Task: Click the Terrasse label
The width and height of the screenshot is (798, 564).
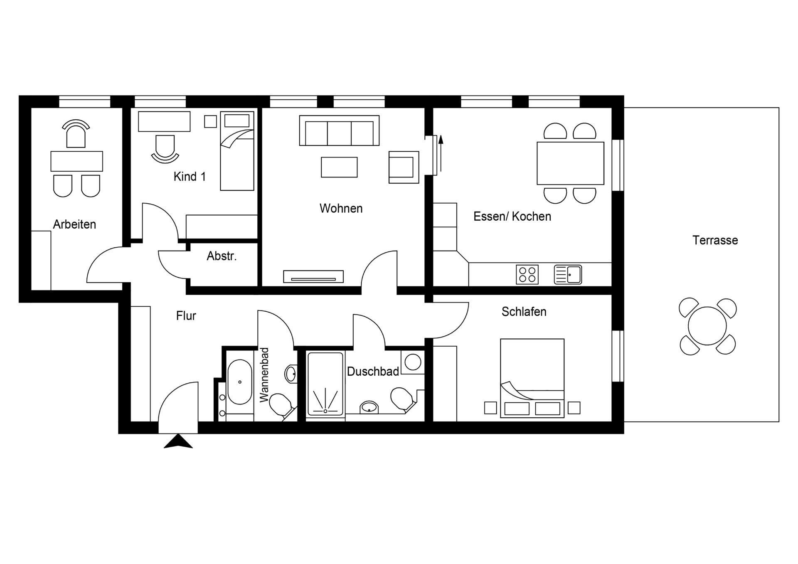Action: [x=715, y=240]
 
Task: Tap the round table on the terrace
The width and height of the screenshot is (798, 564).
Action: [x=707, y=326]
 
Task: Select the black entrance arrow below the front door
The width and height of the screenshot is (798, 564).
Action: [x=178, y=441]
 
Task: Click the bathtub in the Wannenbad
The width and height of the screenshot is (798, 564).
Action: [x=240, y=382]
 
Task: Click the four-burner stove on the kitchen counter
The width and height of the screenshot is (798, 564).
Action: [x=527, y=275]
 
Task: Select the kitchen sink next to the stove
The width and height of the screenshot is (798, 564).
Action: [x=568, y=275]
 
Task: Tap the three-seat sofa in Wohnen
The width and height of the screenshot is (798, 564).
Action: [x=339, y=131]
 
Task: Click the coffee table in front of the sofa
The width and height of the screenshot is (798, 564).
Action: [x=339, y=167]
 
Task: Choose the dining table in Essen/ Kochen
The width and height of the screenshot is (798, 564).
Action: [x=570, y=163]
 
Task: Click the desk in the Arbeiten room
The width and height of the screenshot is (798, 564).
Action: [x=76, y=161]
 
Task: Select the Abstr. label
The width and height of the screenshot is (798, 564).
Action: [x=222, y=256]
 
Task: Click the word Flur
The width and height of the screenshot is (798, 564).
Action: [x=186, y=316]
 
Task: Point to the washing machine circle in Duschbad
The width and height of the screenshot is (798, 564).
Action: [x=413, y=362]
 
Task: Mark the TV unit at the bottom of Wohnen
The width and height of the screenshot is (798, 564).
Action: [x=313, y=276]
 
